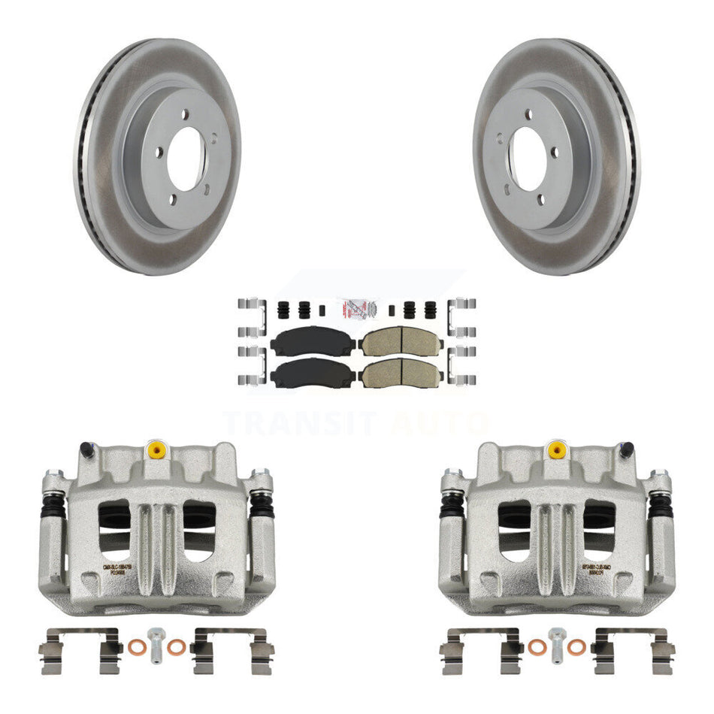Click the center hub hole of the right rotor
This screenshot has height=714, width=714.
pos(529,159)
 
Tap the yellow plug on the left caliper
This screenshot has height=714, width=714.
pos(157,449)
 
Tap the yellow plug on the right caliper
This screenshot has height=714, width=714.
pos(556,449)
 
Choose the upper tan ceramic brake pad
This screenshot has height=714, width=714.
pos(400,343)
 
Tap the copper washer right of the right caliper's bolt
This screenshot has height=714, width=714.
pos(576,646)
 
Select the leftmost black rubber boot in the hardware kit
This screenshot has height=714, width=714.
pos(285,308)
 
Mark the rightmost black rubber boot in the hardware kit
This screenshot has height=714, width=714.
pos(430,308)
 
